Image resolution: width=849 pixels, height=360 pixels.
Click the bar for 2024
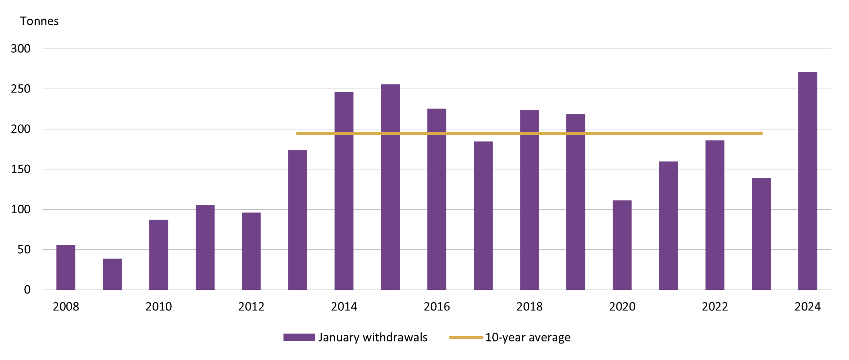808,181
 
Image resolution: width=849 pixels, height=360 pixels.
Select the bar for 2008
66,267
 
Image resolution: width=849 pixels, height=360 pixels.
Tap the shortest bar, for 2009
112,274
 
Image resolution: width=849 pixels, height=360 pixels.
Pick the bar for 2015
390,187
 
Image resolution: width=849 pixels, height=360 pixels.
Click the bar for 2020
622,245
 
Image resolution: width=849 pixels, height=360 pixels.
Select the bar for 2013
297,220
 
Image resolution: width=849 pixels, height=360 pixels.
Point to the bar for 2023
761,234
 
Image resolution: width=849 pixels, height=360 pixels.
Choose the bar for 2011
205,247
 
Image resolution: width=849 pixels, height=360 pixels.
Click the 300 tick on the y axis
21,49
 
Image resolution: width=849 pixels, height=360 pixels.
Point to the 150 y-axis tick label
21,169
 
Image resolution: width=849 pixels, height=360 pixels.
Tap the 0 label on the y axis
27,290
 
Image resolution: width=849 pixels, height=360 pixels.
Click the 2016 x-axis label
437,306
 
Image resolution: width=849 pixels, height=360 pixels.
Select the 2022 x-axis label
715,306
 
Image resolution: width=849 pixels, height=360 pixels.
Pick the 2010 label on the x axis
159,306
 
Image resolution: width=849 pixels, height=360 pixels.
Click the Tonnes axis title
39,21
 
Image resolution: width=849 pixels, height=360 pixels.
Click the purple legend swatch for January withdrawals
299,337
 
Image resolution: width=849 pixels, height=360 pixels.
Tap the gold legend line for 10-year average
466,337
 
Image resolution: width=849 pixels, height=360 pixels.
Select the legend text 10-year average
528,337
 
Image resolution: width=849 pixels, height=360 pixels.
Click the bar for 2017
483,215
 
